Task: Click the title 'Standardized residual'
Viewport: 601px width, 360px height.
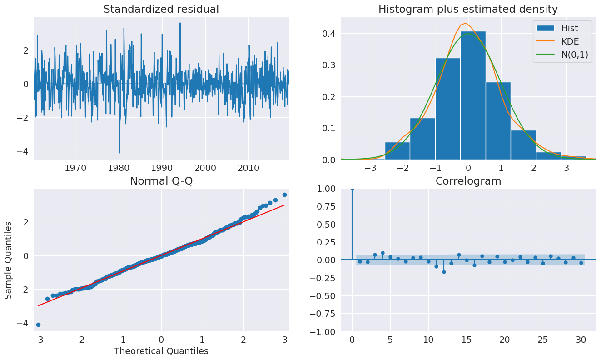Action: point(161,9)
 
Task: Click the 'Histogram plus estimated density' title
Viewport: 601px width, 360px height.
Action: point(468,9)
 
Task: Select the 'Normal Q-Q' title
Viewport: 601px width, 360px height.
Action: point(161,181)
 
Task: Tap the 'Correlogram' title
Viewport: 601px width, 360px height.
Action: point(468,181)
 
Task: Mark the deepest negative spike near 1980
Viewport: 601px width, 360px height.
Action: point(119,153)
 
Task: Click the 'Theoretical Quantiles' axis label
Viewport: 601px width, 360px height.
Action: point(161,351)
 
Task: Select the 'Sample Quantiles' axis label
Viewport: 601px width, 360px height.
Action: point(9,260)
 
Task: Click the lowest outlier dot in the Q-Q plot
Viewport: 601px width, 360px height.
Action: point(38,325)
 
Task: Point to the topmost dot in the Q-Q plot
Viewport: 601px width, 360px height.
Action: point(284,195)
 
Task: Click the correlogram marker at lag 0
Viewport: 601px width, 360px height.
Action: point(352,189)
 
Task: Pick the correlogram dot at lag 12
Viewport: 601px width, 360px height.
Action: point(444,272)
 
